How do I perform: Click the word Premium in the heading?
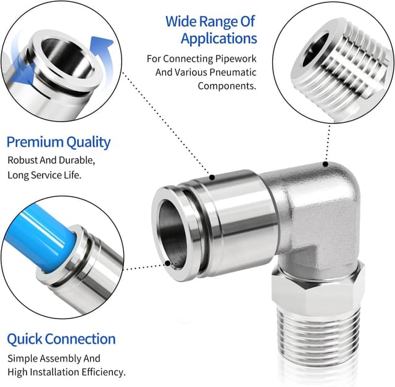coord(35,142)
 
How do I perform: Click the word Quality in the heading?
coord(88,143)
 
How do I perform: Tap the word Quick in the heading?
coord(25,339)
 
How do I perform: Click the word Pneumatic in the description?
coord(233,72)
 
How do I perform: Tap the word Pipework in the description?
coord(236,59)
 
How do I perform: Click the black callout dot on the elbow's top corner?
coord(325,164)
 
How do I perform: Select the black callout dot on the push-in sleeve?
coord(212,177)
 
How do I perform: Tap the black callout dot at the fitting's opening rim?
coord(167,264)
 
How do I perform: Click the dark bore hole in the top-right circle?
coord(315,49)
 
